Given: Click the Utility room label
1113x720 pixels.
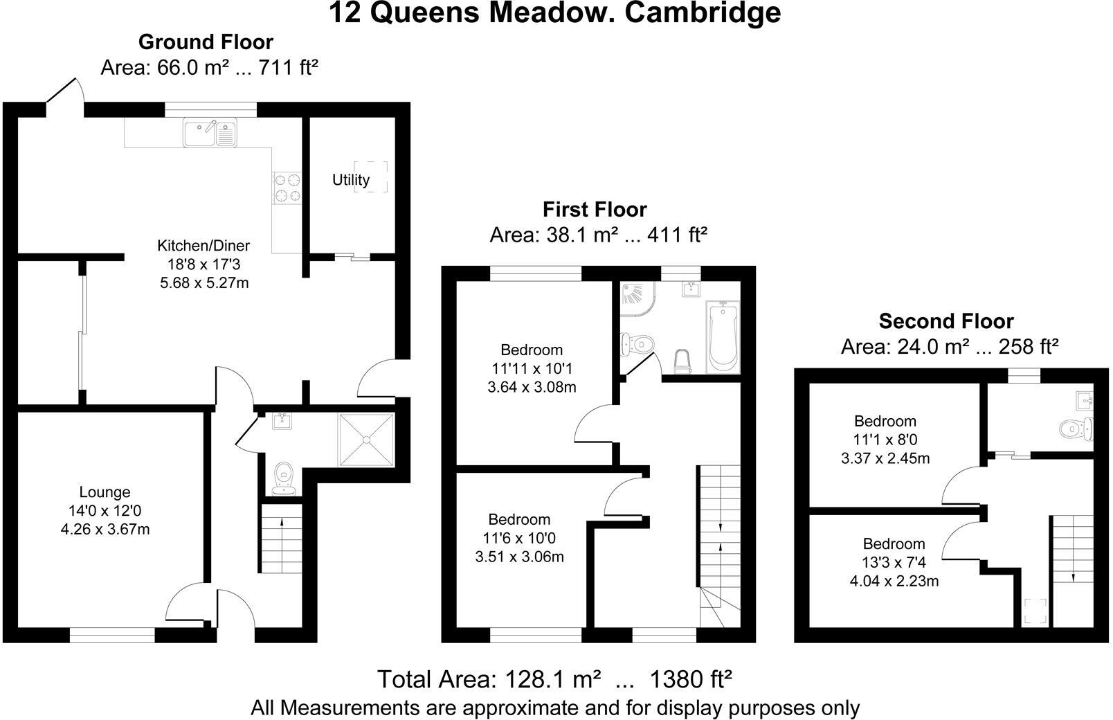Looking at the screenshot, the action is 350,180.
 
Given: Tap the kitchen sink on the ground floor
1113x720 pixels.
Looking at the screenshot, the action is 210,132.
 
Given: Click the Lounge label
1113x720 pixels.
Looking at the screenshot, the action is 105,492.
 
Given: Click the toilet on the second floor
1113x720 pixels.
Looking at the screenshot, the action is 1074,429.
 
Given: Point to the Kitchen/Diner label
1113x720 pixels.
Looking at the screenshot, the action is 203,245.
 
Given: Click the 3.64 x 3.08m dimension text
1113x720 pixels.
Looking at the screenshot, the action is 532,387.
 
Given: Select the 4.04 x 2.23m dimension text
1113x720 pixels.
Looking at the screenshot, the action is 894,581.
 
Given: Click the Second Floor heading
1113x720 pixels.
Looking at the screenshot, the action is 945,321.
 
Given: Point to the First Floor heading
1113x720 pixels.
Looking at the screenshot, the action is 595,209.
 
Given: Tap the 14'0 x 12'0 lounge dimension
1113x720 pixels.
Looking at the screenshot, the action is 105,511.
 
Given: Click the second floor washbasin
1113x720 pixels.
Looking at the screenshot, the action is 1085,400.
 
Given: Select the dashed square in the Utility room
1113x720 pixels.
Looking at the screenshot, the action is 370,177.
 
